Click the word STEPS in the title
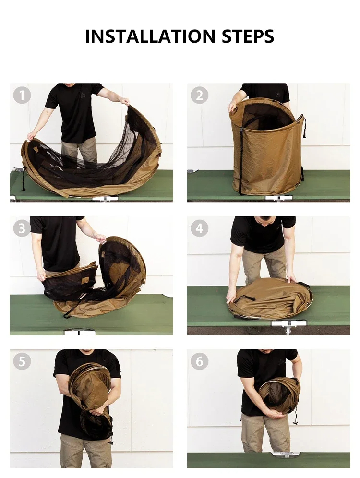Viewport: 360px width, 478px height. coord(248,36)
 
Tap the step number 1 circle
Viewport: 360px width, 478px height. coord(22,95)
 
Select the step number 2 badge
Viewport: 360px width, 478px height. coord(199,95)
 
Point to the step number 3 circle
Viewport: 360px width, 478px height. coord(22,228)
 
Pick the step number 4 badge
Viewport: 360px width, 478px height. coord(199,228)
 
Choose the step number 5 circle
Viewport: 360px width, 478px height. coord(22,361)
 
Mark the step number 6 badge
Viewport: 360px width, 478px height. coord(199,361)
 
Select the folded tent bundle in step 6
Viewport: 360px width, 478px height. coord(280,395)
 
